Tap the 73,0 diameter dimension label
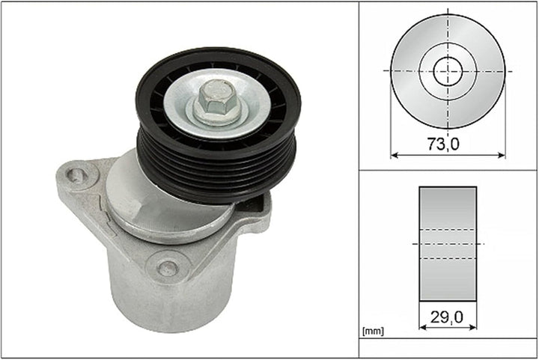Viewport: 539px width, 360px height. (443, 144)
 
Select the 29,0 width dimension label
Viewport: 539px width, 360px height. (447, 317)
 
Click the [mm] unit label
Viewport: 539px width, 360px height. (373, 331)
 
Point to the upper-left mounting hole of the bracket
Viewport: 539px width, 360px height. (77, 176)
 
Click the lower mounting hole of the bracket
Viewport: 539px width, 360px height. (168, 268)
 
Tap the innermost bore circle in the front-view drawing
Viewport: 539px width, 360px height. (448, 71)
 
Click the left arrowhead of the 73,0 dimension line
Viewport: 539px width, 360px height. (395, 155)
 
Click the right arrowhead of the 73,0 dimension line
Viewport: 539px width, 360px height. (502, 155)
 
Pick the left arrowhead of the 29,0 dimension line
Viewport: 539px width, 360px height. (423, 327)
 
